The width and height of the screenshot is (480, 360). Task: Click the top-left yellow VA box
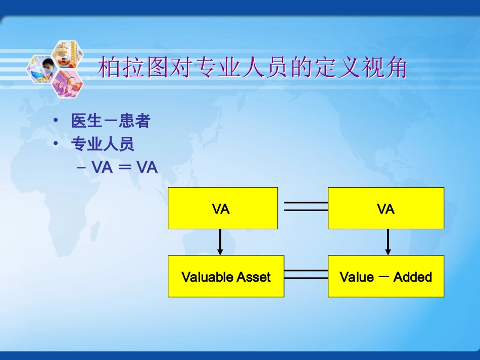coord(222,208)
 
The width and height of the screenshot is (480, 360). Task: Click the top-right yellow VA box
coord(386,208)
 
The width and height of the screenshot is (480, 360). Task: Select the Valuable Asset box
coord(226,276)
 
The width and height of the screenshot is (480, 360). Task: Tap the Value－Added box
coord(386,276)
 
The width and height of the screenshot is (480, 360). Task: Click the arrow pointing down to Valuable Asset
coord(220,242)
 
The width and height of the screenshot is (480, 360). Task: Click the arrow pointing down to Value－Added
coord(388,242)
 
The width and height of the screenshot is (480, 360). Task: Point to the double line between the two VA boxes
coord(305,206)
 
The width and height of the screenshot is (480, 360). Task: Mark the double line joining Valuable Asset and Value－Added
coord(306,274)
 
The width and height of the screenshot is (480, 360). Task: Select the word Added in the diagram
coord(413,277)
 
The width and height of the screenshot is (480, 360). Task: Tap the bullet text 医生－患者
coord(110,121)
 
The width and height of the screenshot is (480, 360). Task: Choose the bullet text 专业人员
coord(103,144)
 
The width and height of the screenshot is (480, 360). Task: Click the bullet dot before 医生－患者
coord(56,121)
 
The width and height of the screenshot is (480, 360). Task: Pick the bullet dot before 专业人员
coord(56,144)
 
